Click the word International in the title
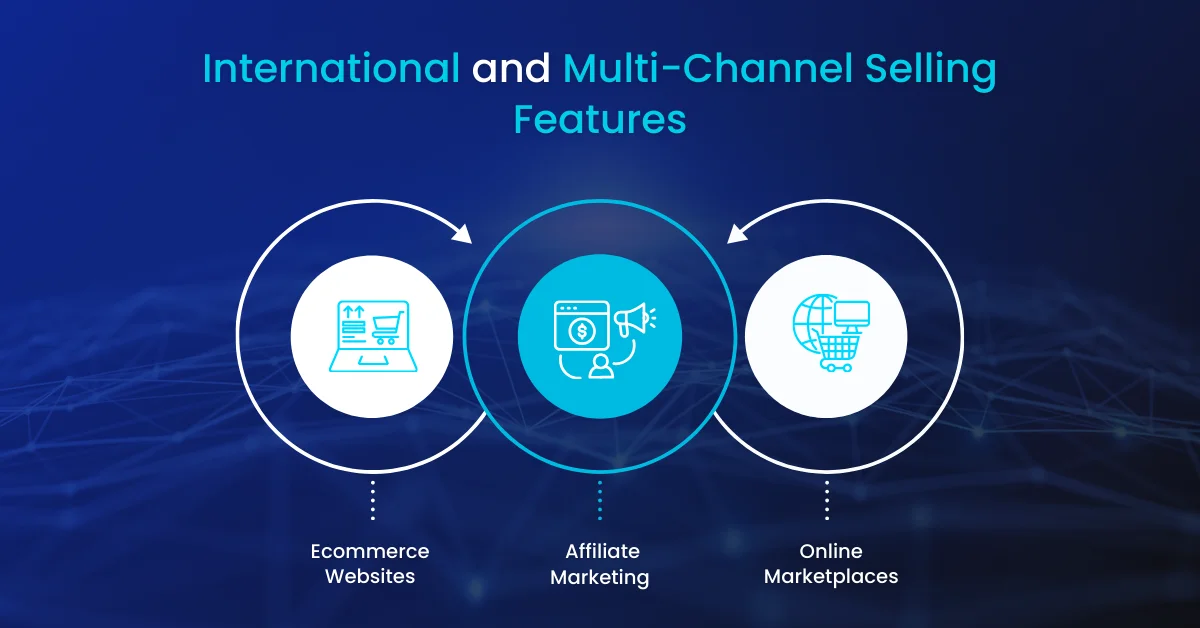331,69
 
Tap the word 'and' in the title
511,69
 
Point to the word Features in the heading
600,119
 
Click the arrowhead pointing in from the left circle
461,234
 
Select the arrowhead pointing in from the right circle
736,234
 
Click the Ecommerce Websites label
370,564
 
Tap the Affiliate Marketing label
600,564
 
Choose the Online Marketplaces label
831,564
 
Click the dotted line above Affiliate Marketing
600,500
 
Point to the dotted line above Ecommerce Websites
372,500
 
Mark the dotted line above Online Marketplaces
827,500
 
